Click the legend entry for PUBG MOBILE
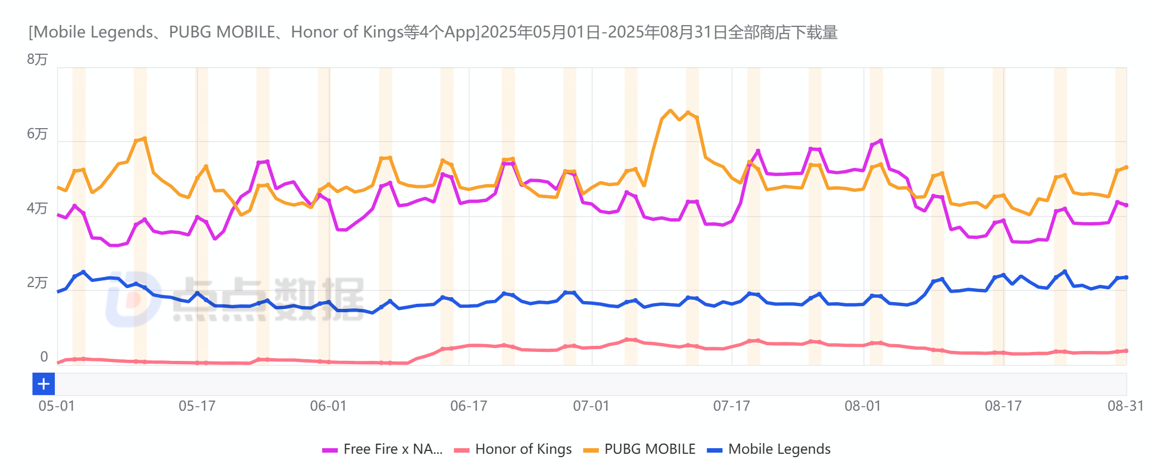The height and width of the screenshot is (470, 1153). coord(649,449)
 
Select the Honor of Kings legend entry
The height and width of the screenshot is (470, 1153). coord(523,449)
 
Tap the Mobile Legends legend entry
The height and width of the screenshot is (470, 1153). coord(779,449)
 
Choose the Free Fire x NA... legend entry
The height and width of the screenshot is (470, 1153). coord(392,449)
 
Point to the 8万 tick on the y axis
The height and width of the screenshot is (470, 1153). coord(37,59)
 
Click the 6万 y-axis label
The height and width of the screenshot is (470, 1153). coord(37,134)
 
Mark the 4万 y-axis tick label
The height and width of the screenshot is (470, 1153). coord(37,208)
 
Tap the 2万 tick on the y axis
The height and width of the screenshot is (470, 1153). coord(37,283)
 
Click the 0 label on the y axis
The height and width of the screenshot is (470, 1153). coord(44,357)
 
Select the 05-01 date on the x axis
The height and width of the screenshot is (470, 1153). coord(56,406)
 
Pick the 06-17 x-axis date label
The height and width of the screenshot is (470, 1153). coord(469,406)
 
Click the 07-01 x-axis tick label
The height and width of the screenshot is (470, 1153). coord(591,406)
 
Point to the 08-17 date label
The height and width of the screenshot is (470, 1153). coord(1003,406)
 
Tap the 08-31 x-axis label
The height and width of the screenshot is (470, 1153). coord(1125,406)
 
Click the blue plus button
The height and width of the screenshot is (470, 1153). coord(44,384)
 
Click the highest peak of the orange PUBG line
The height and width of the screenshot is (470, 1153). coord(670,111)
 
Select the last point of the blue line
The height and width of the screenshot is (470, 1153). coord(1126,278)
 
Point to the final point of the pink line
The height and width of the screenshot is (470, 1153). coord(1126,351)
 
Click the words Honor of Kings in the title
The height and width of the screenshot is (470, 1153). coord(347,32)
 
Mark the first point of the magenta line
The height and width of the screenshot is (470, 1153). coord(58,214)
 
